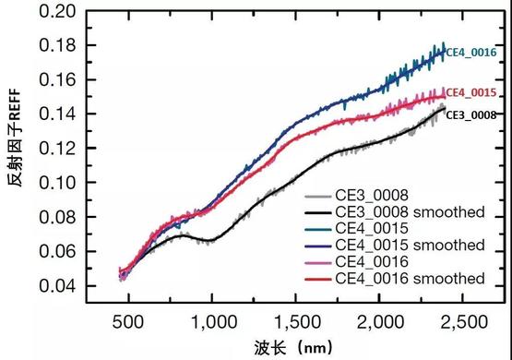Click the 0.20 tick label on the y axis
point(57,11)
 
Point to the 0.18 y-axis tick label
point(57,45)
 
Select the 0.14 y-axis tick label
point(57,114)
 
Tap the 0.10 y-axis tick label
point(57,182)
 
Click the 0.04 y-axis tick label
point(57,286)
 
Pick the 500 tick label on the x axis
point(127,322)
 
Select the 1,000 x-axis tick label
point(214,322)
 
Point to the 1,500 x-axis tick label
point(297,322)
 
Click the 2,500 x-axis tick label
point(464,322)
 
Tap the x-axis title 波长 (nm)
point(292,348)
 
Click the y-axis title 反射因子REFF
point(15,138)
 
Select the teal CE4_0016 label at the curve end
point(471,53)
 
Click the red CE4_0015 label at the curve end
point(471,93)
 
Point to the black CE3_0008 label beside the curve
point(471,115)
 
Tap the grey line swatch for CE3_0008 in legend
point(318,197)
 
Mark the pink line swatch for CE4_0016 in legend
point(318,263)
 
